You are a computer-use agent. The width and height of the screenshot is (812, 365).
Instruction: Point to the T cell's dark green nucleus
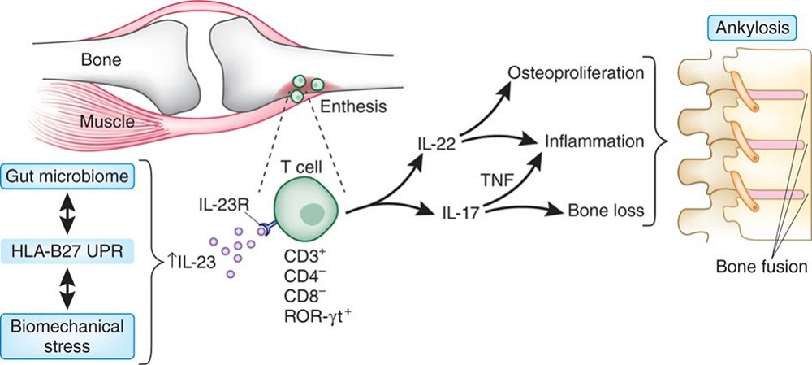pyautogui.click(x=311, y=213)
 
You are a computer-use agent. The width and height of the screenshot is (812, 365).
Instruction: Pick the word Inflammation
pyautogui.click(x=596, y=141)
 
